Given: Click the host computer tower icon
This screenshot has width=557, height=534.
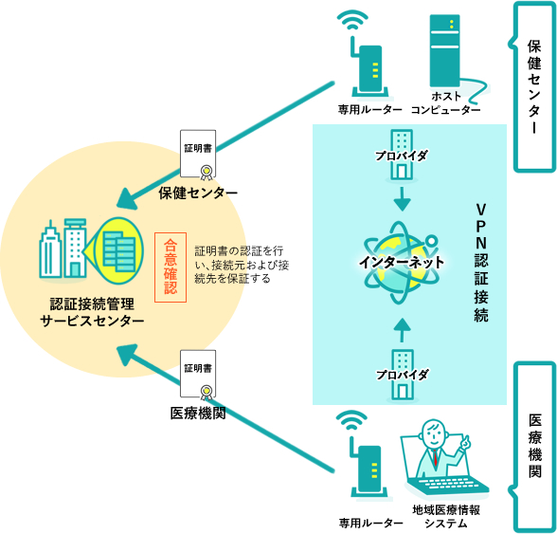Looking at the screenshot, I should click(444, 53).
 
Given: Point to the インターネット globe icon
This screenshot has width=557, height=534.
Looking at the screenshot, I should click(401, 261).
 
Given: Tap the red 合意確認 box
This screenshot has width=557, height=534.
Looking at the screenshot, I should click(171, 267).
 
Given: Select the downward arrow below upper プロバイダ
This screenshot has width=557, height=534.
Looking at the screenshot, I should click(402, 199).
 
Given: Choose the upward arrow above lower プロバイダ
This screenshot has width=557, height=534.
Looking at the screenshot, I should click(402, 328).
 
